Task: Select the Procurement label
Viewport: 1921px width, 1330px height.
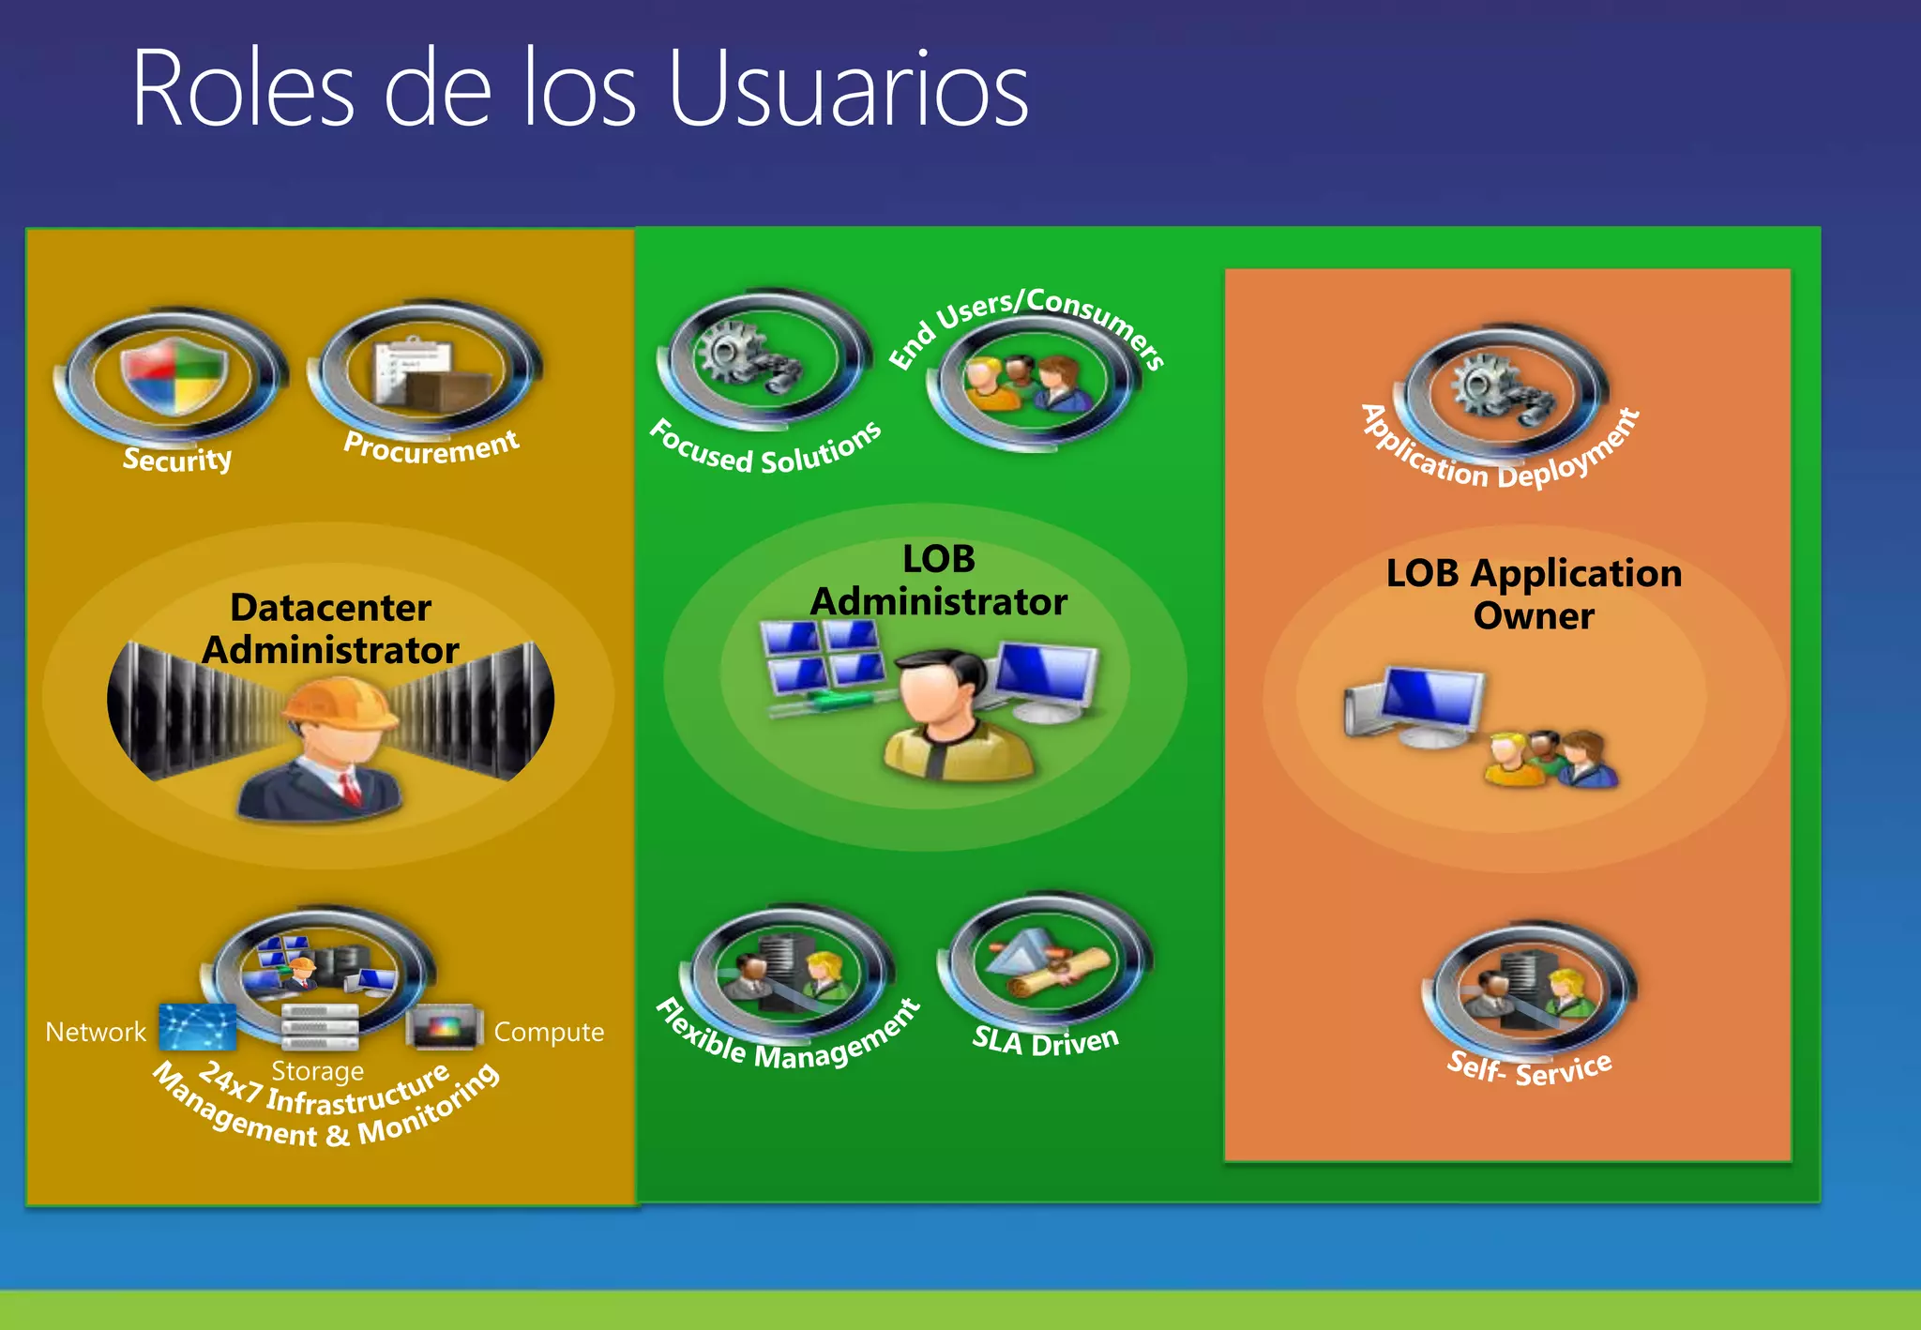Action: click(x=431, y=446)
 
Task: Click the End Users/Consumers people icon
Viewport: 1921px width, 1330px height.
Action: click(x=1030, y=384)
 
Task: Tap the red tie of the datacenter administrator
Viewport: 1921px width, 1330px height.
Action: click(x=350, y=789)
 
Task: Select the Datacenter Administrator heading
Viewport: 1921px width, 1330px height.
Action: click(x=330, y=628)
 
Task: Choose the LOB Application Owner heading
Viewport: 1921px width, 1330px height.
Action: click(x=1534, y=594)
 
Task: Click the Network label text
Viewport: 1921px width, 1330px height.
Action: click(x=96, y=1032)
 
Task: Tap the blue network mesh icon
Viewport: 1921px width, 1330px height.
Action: click(x=197, y=1027)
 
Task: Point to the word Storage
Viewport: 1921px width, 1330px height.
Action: click(x=317, y=1070)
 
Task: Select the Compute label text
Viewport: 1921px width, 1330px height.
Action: click(x=549, y=1032)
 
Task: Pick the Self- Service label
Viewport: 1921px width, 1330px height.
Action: click(x=1529, y=1068)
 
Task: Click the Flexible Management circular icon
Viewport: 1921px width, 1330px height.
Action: click(x=788, y=973)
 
